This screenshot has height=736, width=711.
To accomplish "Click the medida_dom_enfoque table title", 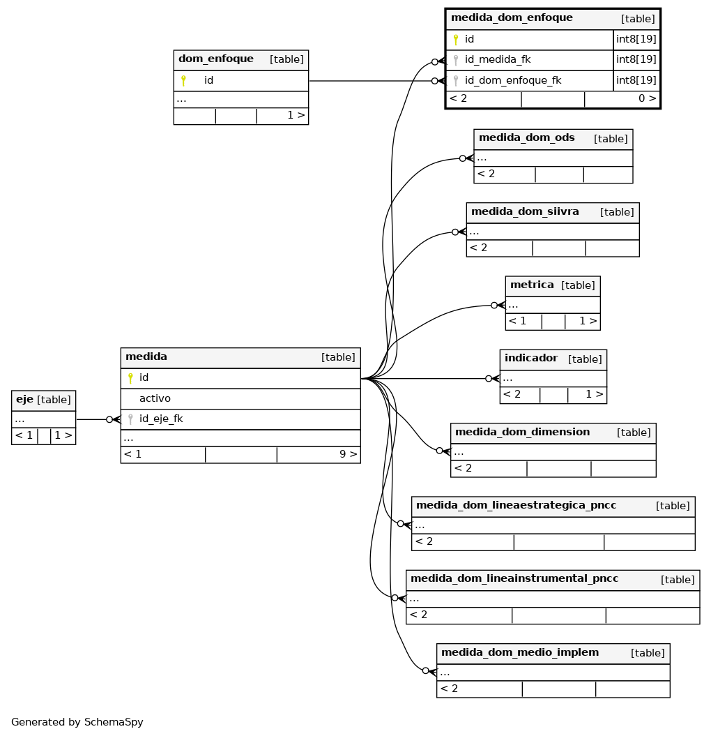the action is pyautogui.click(x=512, y=18).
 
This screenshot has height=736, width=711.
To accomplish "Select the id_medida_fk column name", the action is pyautogui.click(x=498, y=59).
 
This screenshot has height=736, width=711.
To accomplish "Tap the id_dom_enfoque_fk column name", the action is pyautogui.click(x=513, y=80).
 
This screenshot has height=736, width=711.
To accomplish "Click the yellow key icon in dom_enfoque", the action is pyautogui.click(x=183, y=81).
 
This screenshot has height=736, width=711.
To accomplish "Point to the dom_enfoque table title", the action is pyautogui.click(x=215, y=59).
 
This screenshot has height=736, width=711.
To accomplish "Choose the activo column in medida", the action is pyautogui.click(x=155, y=398).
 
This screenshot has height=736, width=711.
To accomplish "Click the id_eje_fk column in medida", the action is pyautogui.click(x=161, y=419).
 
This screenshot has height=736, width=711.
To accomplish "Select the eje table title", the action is pyautogui.click(x=24, y=400).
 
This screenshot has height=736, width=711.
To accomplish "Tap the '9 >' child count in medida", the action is pyautogui.click(x=349, y=454).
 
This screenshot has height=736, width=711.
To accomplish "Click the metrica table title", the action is pyautogui.click(x=532, y=285).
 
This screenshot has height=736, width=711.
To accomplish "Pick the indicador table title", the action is pyautogui.click(x=531, y=358).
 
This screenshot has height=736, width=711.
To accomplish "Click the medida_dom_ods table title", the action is pyautogui.click(x=527, y=137).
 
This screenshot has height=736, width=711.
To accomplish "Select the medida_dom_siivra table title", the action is pyautogui.click(x=525, y=211).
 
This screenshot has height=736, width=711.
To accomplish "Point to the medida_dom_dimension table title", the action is pyautogui.click(x=523, y=432).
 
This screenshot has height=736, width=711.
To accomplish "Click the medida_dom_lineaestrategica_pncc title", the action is pyautogui.click(x=516, y=505).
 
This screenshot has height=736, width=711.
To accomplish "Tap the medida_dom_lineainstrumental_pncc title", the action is pyautogui.click(x=514, y=578).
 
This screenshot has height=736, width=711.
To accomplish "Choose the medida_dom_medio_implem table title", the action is pyautogui.click(x=520, y=652).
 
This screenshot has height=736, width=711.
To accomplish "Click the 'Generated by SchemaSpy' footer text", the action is pyautogui.click(x=77, y=722).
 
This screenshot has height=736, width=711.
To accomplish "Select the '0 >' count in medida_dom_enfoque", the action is pyautogui.click(x=647, y=98).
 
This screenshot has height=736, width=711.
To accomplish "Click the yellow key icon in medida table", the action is pyautogui.click(x=130, y=378).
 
